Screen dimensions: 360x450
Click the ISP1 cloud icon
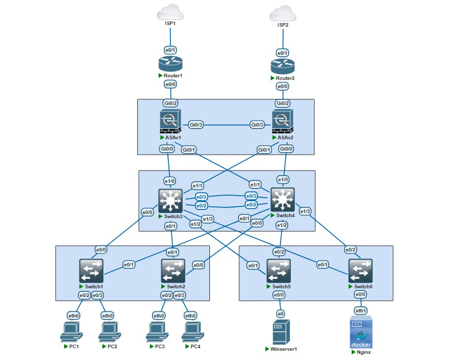pos(170,12)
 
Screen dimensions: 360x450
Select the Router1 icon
pos(170,65)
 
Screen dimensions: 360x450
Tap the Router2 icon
pos(283,67)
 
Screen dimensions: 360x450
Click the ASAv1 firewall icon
pos(170,122)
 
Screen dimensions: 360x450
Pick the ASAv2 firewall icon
pos(283,122)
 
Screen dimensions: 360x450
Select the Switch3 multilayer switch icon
pos(170,201)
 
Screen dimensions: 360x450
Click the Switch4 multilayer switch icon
pos(283,200)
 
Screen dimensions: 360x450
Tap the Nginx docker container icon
pos(361,332)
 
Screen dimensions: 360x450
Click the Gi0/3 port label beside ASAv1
pos(196,124)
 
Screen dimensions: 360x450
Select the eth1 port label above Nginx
pos(361,310)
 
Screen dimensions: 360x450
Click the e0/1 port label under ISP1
pos(170,50)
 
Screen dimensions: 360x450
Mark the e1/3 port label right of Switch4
pos(305,211)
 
